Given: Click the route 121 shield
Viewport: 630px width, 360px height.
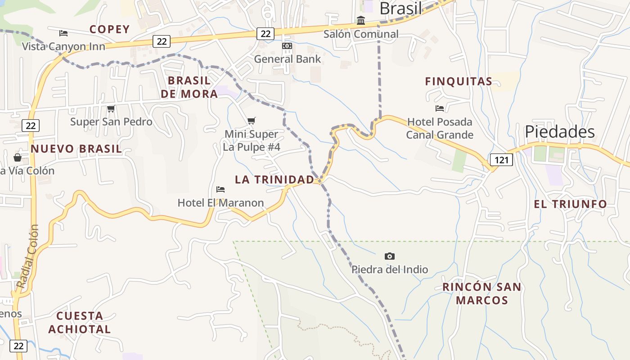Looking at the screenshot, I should coord(501,160).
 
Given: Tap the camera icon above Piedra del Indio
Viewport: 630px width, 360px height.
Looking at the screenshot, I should coord(390,256).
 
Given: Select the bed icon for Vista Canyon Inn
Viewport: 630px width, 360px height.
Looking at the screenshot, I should coord(63,33).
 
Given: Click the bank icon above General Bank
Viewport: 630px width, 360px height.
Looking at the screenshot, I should coord(287,46).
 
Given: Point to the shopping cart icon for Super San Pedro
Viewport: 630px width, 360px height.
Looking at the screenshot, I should coord(111,108).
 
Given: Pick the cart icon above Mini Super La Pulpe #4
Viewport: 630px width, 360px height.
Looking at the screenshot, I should coord(252,121).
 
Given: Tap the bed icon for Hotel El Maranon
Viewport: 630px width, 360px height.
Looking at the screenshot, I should coord(220,189).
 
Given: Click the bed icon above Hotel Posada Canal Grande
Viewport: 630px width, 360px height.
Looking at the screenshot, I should coord(440,108).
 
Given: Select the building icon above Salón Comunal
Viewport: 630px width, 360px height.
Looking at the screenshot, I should coord(361,21).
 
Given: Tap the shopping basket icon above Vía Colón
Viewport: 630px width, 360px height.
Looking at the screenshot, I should coord(18,157).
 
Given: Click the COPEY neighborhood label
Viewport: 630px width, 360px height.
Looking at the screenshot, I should coord(109,29).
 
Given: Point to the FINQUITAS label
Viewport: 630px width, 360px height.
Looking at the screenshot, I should coord(459,81).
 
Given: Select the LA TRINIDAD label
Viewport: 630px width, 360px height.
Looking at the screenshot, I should coord(274,180).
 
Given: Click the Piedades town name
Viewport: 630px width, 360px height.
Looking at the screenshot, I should coord(560,132).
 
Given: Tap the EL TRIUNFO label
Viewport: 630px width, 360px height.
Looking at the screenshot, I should coord(570,204).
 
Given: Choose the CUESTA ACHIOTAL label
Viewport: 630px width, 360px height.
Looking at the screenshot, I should coord(80,322).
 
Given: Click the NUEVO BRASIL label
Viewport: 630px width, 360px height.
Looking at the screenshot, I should coord(76,149).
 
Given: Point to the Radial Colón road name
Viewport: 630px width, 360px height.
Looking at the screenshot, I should coord(28,256).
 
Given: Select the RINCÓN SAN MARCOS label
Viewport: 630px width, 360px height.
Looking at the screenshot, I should coord(481,293).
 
